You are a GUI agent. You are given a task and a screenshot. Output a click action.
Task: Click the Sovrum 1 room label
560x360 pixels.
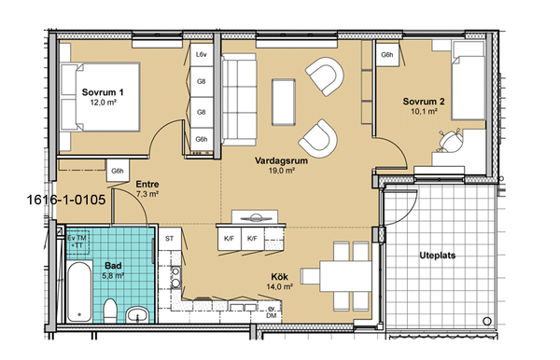(x=103, y=92)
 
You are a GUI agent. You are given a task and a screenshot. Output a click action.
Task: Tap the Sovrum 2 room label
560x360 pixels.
(x=424, y=102)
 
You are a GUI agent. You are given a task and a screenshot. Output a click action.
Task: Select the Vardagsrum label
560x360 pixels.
(x=281, y=160)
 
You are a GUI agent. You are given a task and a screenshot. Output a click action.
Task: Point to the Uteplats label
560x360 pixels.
(x=437, y=256)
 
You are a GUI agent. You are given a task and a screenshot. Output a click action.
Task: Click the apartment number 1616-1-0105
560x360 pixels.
(x=66, y=200)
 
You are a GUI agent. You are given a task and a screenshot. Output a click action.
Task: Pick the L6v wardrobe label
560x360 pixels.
(x=202, y=55)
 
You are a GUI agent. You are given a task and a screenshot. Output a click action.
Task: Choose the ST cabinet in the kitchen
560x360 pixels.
(x=170, y=239)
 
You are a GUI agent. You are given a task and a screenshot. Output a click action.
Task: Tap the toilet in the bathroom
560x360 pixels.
(x=109, y=311)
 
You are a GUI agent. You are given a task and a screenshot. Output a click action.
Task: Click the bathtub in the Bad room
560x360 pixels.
(x=79, y=292)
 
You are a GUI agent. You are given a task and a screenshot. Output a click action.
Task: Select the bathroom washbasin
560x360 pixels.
(x=137, y=314)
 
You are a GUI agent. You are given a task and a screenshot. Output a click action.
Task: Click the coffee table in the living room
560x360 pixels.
(x=284, y=103)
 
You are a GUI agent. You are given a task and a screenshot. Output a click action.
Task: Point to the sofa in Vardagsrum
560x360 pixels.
(x=239, y=100)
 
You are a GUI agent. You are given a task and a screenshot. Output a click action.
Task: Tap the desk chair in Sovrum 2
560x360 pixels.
(x=450, y=140)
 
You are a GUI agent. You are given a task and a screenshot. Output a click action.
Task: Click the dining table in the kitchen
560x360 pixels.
(x=345, y=276)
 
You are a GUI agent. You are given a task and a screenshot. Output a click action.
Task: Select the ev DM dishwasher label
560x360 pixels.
(x=272, y=312)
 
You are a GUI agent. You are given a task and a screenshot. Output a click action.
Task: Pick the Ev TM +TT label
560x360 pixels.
(x=77, y=242)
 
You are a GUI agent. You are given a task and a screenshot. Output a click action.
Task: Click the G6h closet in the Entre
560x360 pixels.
(x=118, y=171)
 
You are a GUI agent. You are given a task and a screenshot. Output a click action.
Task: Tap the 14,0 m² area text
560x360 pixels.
(x=280, y=286)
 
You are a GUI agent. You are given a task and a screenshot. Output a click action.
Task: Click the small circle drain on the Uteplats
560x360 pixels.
(x=487, y=321)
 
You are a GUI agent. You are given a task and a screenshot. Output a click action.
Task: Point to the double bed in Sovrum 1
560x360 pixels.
(x=99, y=97)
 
